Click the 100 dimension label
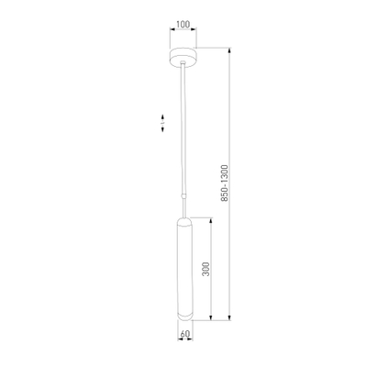coord(183,24)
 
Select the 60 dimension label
coord(184,334)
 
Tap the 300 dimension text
coord(206,269)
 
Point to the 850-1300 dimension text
coord(225,183)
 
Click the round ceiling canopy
coord(183,57)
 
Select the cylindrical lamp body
coord(184,269)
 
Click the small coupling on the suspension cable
coord(183,195)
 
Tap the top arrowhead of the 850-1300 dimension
coord(230,50)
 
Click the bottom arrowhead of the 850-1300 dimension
coord(230,318)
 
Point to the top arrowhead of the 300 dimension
coord(211,220)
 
